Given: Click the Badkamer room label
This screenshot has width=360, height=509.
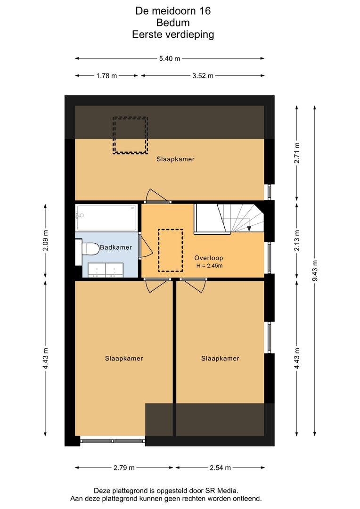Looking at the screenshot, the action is (115, 247).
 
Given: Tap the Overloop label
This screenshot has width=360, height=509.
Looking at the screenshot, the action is (209, 258).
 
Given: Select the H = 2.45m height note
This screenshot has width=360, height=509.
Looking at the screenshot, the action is (209, 266).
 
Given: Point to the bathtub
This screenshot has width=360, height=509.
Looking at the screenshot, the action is (106, 217).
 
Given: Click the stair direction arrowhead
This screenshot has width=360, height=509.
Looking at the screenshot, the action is (249, 228).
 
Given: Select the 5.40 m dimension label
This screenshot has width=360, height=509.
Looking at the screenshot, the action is (170, 59).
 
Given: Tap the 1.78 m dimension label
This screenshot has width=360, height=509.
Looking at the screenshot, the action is (106, 76).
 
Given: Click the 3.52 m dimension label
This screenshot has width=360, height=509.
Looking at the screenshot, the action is (203, 76).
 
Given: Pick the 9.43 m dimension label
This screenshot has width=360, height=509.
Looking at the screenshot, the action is (315, 271).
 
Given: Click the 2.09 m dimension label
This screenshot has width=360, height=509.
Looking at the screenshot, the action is (45, 240).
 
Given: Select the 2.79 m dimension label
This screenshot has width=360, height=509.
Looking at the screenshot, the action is (124, 468).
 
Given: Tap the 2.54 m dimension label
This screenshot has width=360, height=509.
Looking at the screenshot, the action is (220, 468).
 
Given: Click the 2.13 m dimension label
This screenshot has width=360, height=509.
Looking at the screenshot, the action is (297, 240).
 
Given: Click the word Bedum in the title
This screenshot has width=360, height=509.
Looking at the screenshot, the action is (173, 23).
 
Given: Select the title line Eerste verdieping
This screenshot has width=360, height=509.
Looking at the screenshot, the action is (173, 35).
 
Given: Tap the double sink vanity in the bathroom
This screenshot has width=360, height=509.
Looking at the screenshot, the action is (106, 271).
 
